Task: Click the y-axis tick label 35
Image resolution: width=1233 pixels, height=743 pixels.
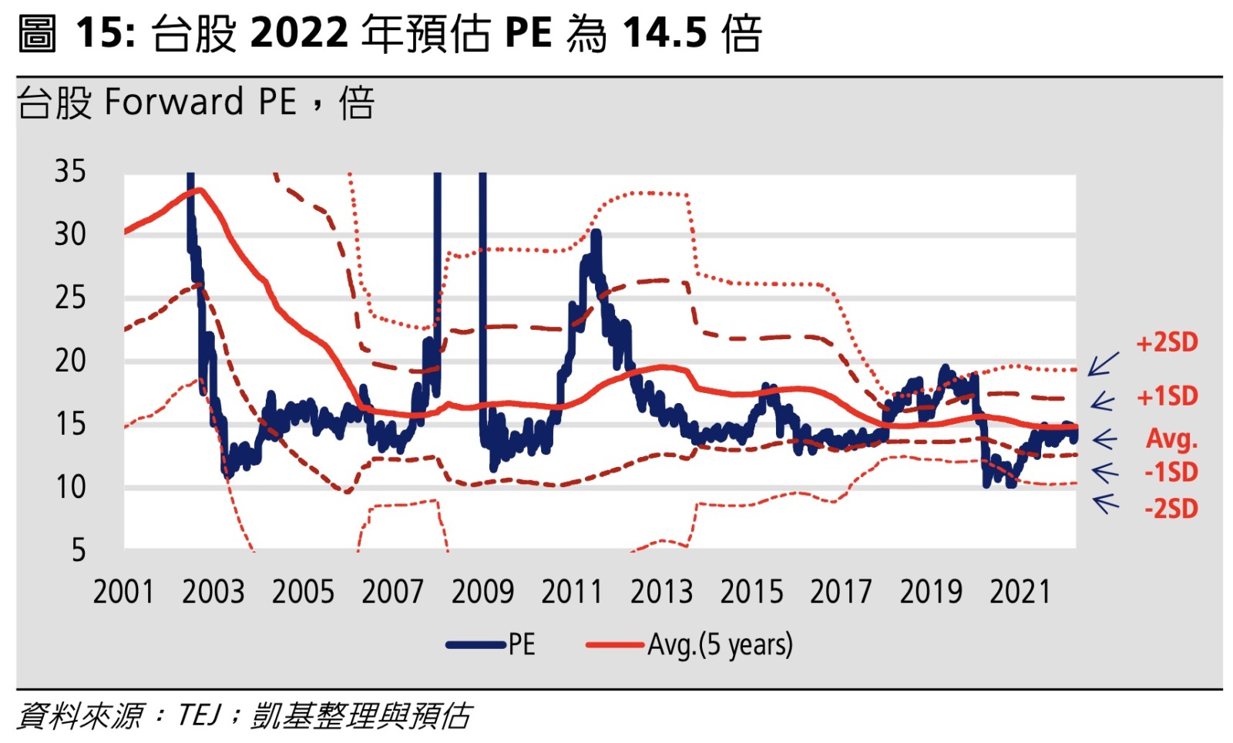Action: coord(70,171)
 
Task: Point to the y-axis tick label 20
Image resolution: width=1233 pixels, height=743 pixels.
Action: coord(70,361)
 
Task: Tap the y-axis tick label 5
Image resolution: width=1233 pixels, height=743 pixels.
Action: coord(79,550)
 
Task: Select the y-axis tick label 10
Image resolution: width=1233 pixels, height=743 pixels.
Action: coord(70,487)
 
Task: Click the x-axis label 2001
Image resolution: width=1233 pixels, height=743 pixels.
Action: coord(123,592)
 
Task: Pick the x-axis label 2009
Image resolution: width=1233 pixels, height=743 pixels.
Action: coord(482,592)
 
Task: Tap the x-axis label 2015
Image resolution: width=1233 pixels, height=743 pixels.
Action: coord(751,592)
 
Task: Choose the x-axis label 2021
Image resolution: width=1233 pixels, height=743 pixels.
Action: coord(1020,592)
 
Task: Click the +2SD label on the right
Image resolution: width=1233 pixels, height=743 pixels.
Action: coord(1167,342)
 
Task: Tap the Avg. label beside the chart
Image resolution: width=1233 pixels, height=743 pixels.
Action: coord(1171,439)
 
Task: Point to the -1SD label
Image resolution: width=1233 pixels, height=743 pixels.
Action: coord(1171,472)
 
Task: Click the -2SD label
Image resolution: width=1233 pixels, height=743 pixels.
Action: coord(1171,509)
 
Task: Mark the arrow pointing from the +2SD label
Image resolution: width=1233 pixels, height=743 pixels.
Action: coord(1104,364)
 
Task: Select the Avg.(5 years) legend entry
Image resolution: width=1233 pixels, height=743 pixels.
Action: coord(690,644)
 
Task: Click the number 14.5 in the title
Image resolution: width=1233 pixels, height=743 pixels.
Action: coord(664,34)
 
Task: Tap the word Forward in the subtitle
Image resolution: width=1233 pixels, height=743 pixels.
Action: coord(174,102)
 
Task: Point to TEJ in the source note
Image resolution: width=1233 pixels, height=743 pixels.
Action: coord(199,715)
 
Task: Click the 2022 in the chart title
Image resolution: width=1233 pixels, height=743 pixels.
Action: coord(299,34)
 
